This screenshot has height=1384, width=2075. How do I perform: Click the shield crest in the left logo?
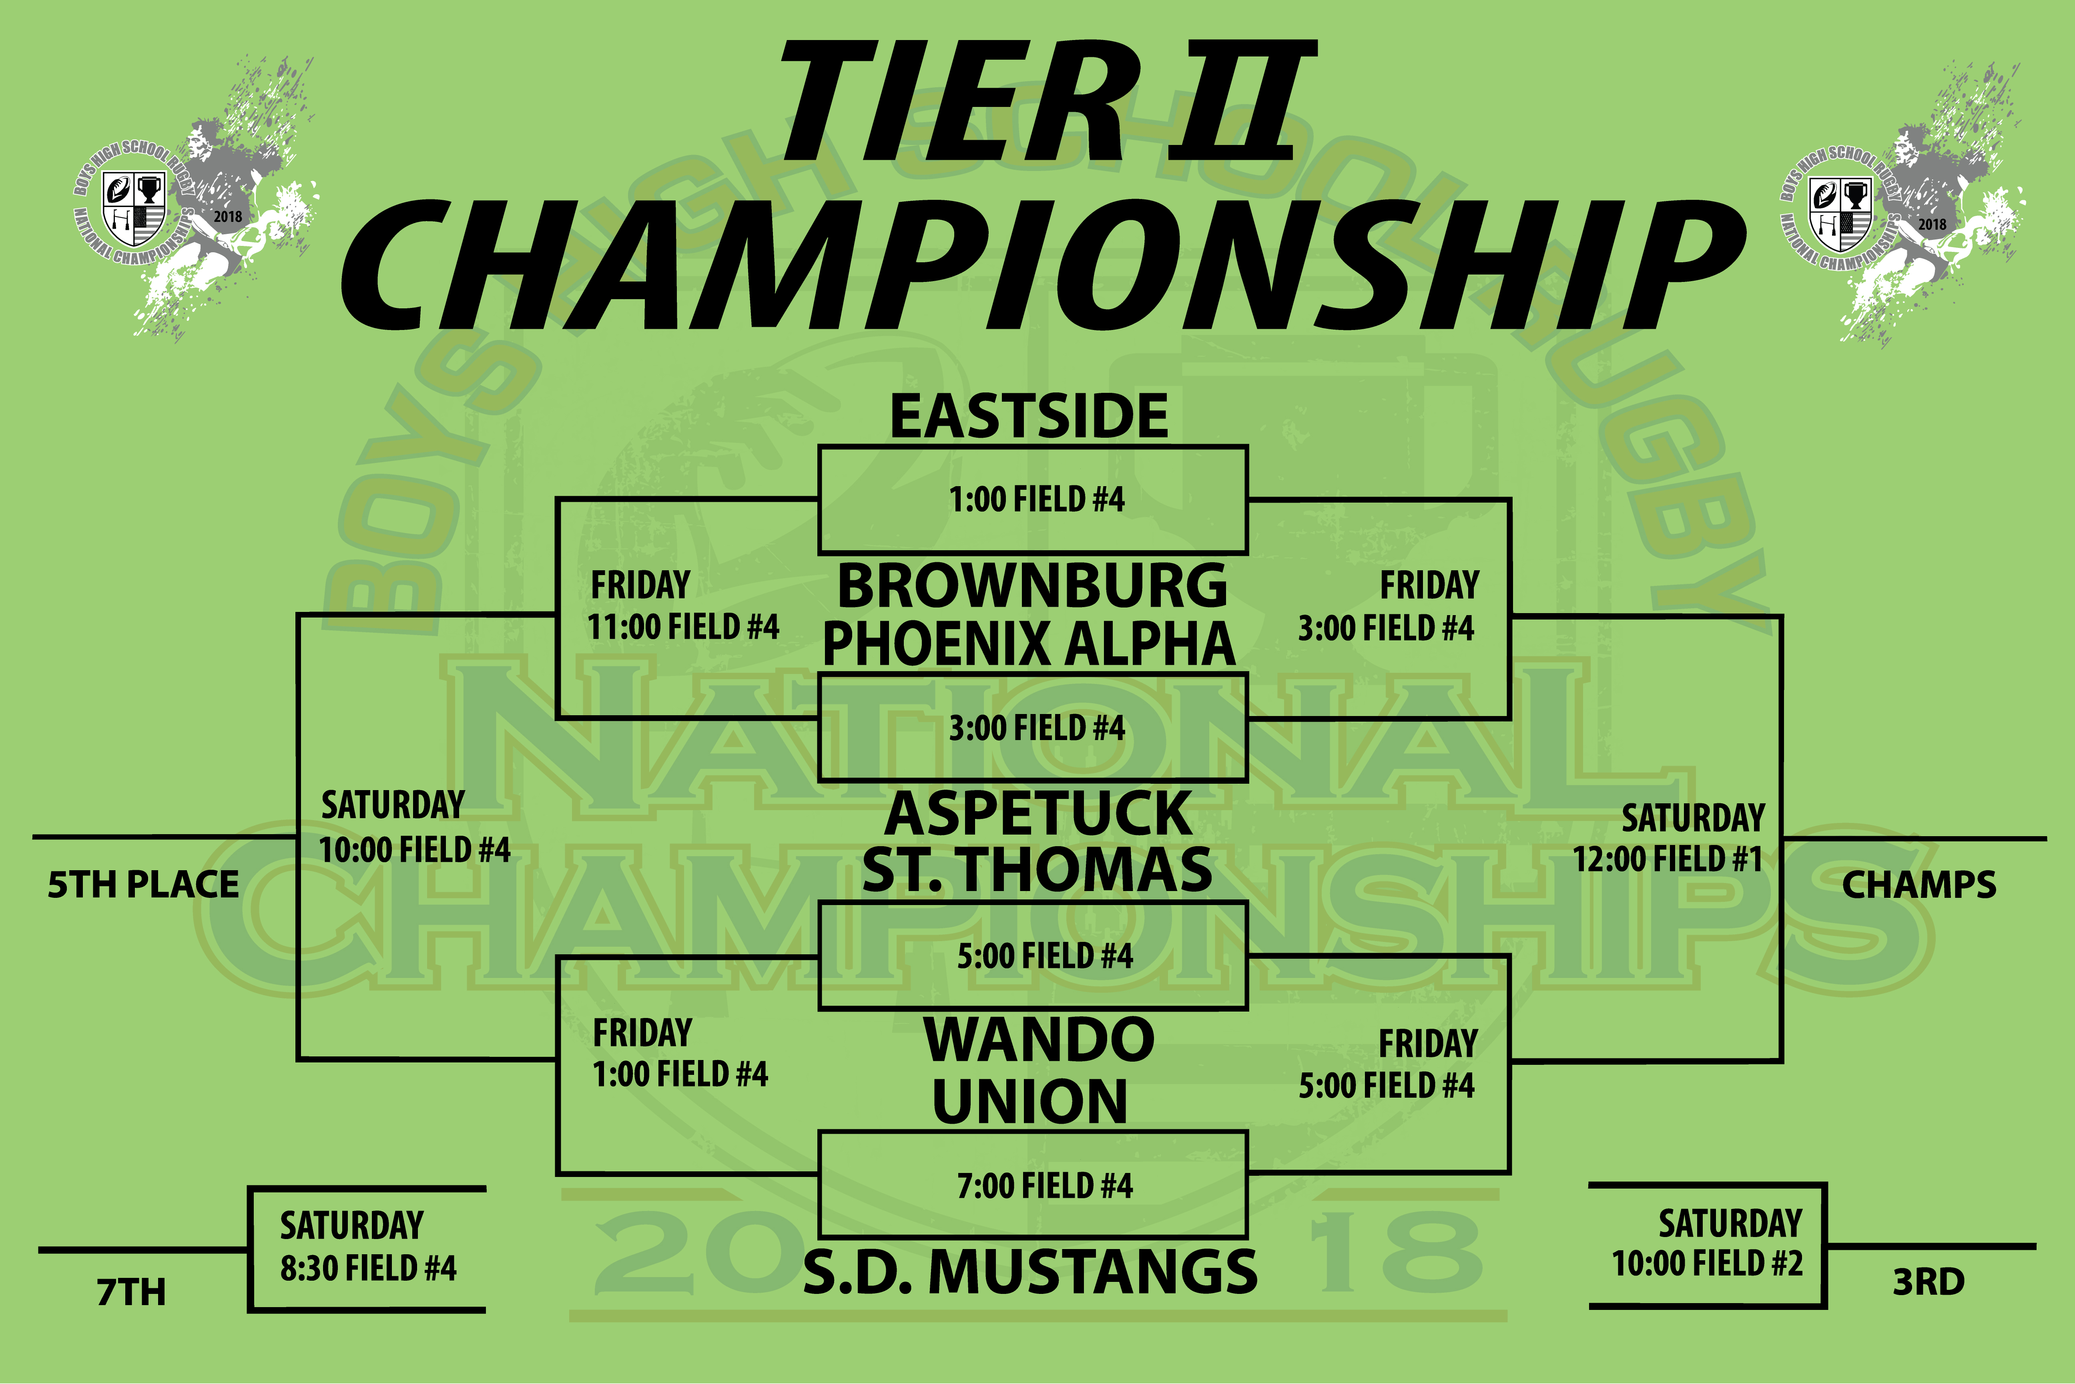coord(134,208)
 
